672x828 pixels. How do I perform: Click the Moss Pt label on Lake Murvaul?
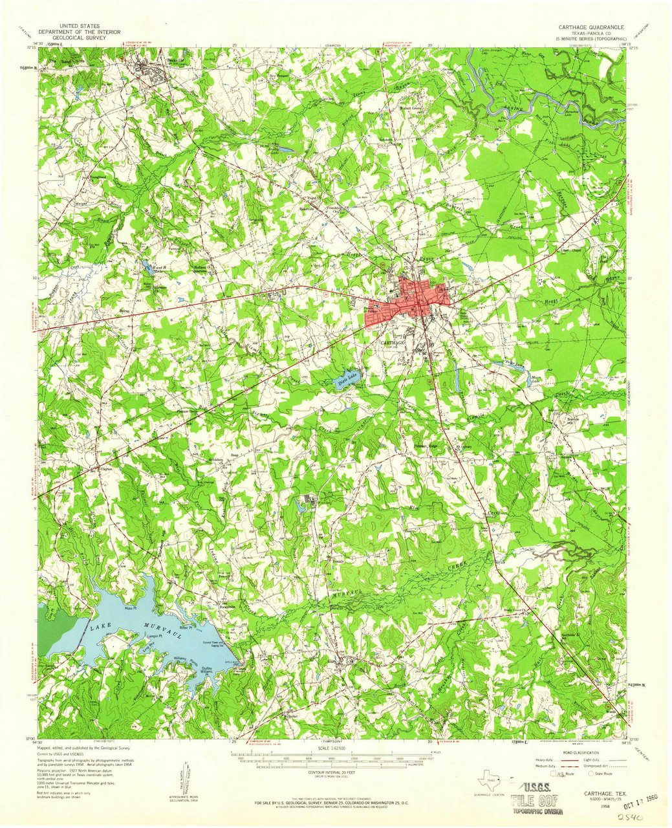pos(133,609)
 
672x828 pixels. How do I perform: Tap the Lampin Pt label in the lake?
pos(153,637)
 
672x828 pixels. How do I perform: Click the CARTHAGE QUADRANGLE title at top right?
pos(591,28)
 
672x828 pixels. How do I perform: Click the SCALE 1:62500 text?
pos(334,749)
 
